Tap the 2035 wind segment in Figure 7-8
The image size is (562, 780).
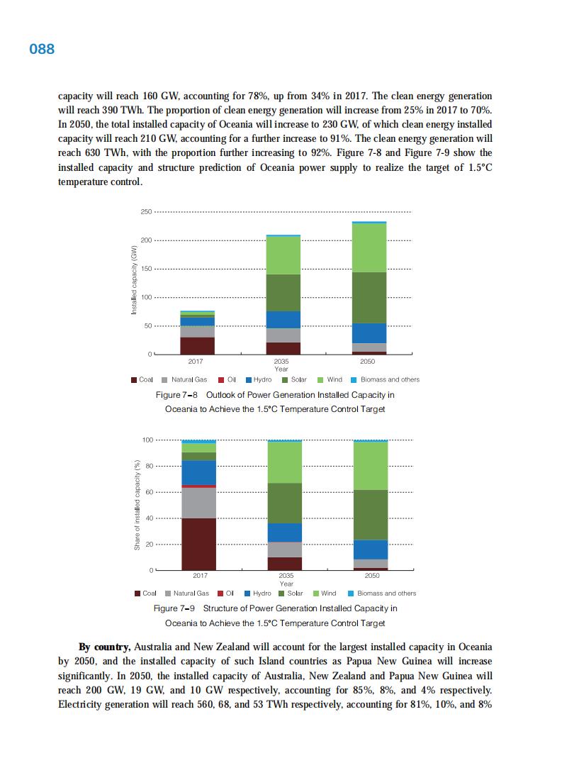pos(283,255)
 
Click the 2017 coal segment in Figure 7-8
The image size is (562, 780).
pos(198,345)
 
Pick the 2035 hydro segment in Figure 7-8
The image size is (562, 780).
pos(283,319)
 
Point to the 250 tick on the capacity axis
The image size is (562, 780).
pos(146,212)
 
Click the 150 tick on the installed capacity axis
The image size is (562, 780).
pos(146,269)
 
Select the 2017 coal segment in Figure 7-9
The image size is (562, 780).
pos(199,544)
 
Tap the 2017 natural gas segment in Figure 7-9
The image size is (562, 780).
pos(199,503)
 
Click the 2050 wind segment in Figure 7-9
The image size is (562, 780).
pos(371,465)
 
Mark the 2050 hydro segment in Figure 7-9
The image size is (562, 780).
pos(371,550)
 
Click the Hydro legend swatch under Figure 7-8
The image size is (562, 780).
pos(248,379)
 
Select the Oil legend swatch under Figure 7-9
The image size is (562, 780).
pos(220,593)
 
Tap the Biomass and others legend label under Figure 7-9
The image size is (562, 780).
pos(386,593)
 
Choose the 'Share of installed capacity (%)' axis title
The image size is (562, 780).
pos(136,505)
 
